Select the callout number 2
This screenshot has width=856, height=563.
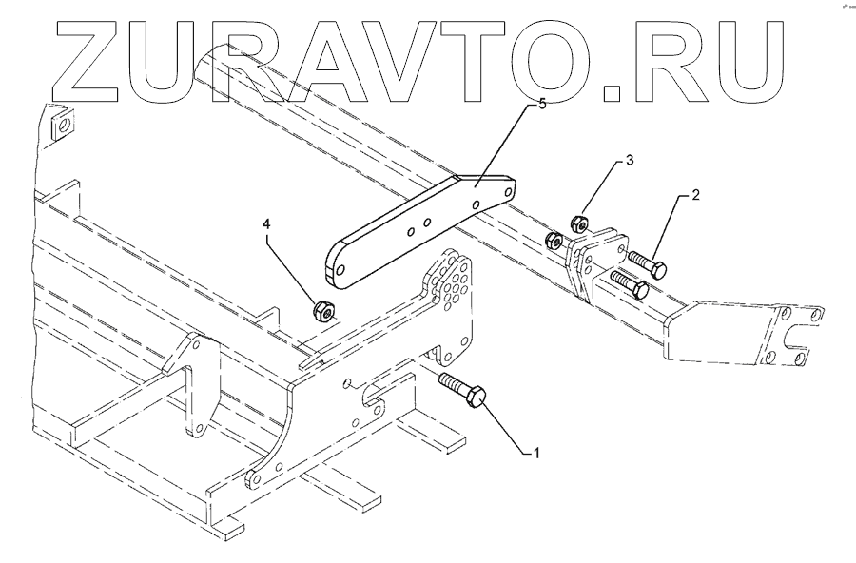(695, 195)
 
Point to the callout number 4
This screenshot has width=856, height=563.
(267, 225)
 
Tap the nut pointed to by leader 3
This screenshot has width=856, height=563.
(576, 224)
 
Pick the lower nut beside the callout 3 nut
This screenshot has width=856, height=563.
(554, 240)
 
